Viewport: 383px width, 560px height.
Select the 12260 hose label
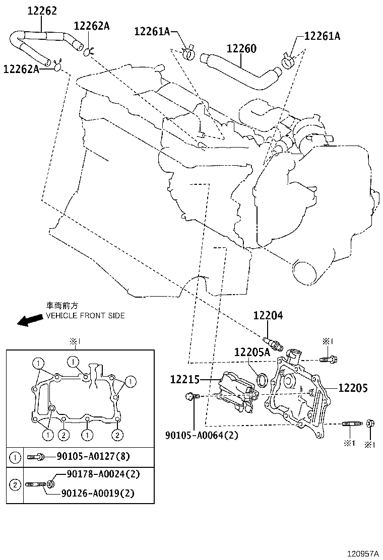pos(241,48)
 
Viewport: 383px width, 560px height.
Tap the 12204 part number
pos(268,316)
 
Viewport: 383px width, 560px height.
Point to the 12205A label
pos(252,353)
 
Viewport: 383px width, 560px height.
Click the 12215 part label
pos(185,379)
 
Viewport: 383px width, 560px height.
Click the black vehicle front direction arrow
pos(30,320)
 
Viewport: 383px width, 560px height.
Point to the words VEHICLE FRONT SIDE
pos(85,316)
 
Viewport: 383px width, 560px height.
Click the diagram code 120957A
pos(362,553)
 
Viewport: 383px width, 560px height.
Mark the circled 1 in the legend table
pos(15,457)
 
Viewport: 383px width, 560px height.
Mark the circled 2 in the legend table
pos(15,484)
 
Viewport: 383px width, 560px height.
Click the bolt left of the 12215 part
pos(191,397)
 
